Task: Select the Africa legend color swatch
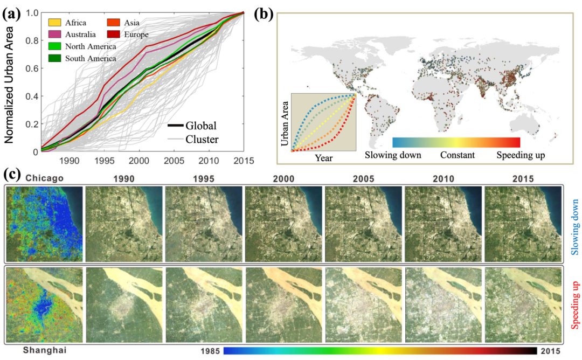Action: tap(54, 23)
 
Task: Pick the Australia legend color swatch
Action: tap(54, 34)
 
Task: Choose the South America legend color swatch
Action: tap(54, 58)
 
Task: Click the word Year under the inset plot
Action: tap(324, 158)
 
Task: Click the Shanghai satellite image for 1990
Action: tap(124, 306)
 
